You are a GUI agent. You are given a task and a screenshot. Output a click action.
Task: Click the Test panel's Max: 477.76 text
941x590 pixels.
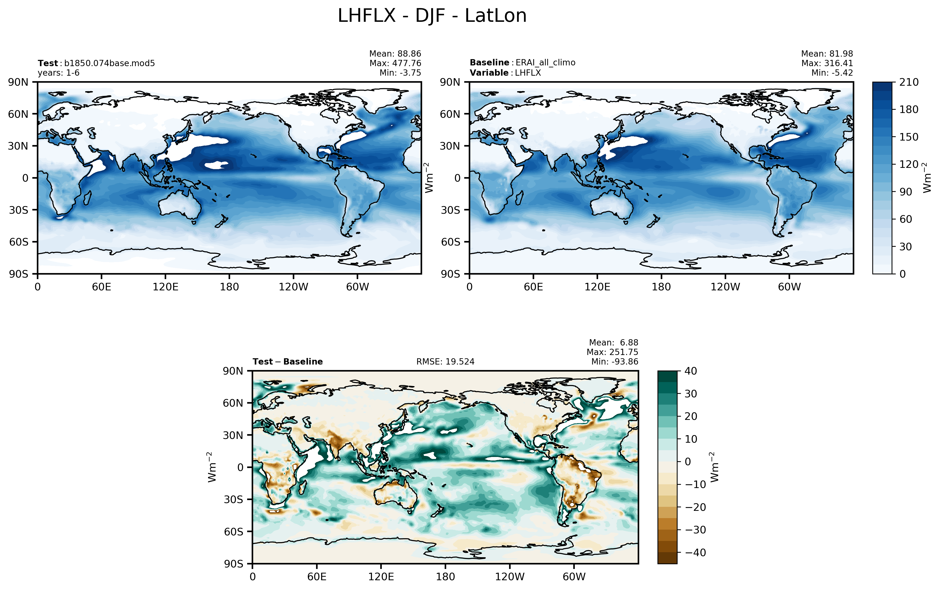click(x=395, y=63)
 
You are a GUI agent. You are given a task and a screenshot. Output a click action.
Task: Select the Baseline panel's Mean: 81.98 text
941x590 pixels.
click(x=827, y=54)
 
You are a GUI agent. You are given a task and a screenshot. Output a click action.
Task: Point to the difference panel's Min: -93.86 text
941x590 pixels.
click(x=614, y=362)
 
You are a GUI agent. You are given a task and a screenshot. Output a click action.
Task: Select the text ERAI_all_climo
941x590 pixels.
click(x=545, y=63)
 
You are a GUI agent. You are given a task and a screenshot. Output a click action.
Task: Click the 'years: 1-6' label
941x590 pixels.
click(x=59, y=73)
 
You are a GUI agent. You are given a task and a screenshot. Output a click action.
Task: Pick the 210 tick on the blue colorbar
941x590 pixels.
click(x=909, y=82)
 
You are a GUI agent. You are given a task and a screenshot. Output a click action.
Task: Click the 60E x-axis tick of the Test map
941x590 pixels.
click(x=102, y=287)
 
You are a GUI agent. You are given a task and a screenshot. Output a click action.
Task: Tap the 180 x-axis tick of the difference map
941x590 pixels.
click(x=445, y=576)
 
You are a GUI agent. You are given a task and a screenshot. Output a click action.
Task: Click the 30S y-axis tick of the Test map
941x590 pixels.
click(x=19, y=210)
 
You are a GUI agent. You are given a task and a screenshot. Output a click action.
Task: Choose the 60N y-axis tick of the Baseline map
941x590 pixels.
click(x=450, y=114)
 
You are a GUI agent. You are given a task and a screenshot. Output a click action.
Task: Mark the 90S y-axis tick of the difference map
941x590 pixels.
click(x=233, y=564)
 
